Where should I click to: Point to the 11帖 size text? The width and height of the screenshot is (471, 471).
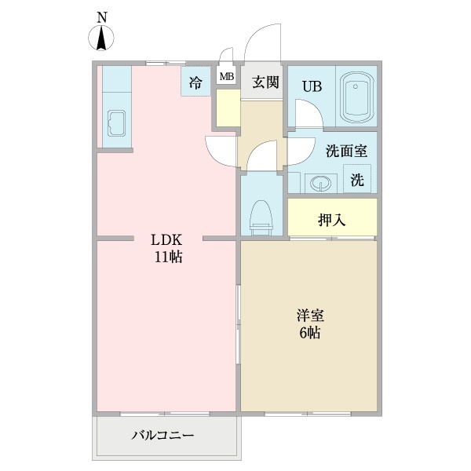[168, 257]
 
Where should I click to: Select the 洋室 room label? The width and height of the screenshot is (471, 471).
[311, 316]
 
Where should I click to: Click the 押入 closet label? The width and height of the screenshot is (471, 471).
[332, 219]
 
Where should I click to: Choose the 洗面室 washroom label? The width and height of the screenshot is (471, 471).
[341, 151]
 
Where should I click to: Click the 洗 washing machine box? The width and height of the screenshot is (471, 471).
[358, 180]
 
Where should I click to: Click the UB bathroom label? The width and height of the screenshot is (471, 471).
[312, 86]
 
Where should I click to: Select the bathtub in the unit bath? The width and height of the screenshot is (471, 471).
[357, 97]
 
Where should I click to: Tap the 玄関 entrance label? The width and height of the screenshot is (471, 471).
[265, 81]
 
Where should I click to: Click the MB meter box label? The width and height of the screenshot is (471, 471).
[226, 77]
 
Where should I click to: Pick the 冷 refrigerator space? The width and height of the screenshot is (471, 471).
[195, 81]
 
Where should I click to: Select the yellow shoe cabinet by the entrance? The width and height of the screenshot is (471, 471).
[228, 108]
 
